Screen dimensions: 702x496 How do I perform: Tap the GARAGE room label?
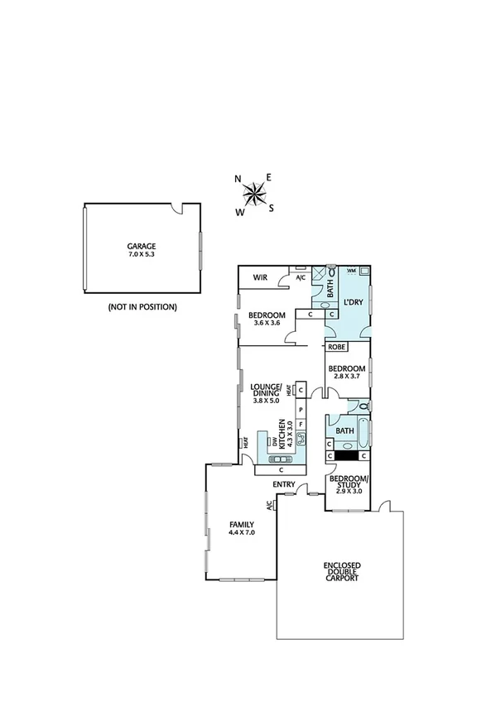tap(141, 247)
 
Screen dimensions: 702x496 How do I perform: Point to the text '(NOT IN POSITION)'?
tap(142, 306)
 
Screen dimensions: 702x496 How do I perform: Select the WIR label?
tap(259, 277)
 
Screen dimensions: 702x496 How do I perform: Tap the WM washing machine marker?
tap(351, 271)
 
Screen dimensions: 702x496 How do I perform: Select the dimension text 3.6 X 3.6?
tap(265, 324)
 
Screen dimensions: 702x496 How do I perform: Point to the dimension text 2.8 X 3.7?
tap(346, 377)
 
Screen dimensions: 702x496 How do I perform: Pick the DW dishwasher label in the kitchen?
tap(271, 441)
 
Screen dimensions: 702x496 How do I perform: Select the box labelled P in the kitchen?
tap(301, 410)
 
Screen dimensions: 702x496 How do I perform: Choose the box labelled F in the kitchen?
tap(301, 424)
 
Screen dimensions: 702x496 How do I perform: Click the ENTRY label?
tap(284, 485)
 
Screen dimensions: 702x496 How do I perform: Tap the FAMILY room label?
tap(242, 525)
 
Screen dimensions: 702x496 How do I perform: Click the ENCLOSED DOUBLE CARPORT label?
tap(341, 573)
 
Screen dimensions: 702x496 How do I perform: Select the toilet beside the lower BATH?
tap(364, 406)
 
